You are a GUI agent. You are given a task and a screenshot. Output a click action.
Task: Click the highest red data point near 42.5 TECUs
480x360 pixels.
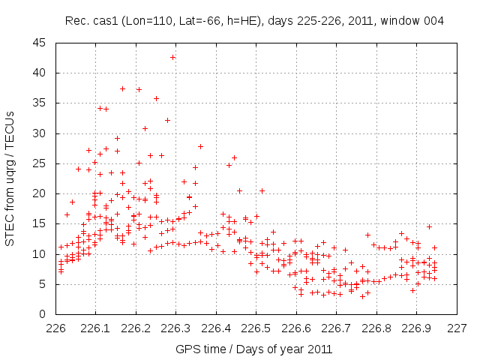click(x=173, y=57)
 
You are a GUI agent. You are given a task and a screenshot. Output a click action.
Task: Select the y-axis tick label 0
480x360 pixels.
click(x=43, y=314)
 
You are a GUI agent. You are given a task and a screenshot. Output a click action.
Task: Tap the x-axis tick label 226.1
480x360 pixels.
click(x=96, y=328)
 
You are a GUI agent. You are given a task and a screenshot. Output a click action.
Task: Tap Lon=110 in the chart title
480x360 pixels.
click(x=144, y=20)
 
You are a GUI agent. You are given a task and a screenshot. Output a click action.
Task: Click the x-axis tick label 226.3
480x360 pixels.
click(x=175, y=328)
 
